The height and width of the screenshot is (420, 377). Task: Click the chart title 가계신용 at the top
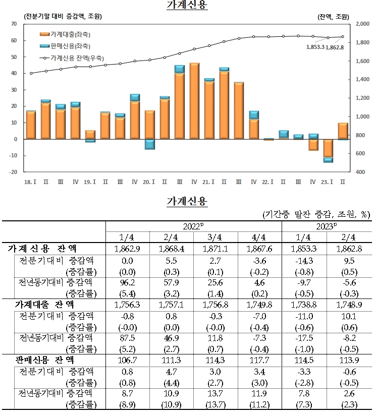tap(187, 5)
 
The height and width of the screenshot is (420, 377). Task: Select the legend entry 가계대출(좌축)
tap(73, 34)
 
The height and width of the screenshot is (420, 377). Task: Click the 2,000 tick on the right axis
tap(363, 24)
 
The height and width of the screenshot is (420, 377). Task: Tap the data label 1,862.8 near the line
tap(335, 47)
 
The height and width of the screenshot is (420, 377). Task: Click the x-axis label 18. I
tap(31, 179)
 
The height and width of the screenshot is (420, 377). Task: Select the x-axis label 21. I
tap(209, 179)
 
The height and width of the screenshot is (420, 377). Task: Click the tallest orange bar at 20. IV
tap(194, 101)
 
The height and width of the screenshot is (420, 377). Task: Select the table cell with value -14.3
tap(303, 261)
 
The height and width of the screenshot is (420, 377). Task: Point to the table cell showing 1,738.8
tap(303, 305)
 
